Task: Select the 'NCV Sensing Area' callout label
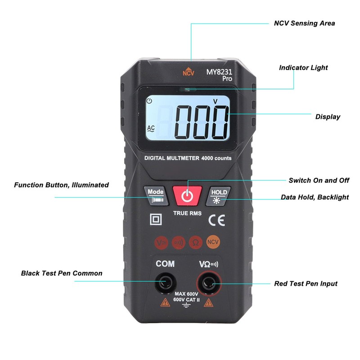pyautogui.click(x=304, y=23)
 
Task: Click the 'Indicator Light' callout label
pyautogui.click(x=303, y=67)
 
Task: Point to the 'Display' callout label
pyautogui.click(x=327, y=117)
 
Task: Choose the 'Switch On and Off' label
pyautogui.click(x=319, y=180)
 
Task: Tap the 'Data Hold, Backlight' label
pyautogui.click(x=315, y=197)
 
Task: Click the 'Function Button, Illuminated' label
pyautogui.click(x=61, y=185)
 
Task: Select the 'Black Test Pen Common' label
pyautogui.click(x=62, y=273)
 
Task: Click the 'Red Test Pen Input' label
pyautogui.click(x=306, y=283)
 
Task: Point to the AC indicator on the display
pyautogui.click(x=151, y=128)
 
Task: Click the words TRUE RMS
pyautogui.click(x=187, y=213)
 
